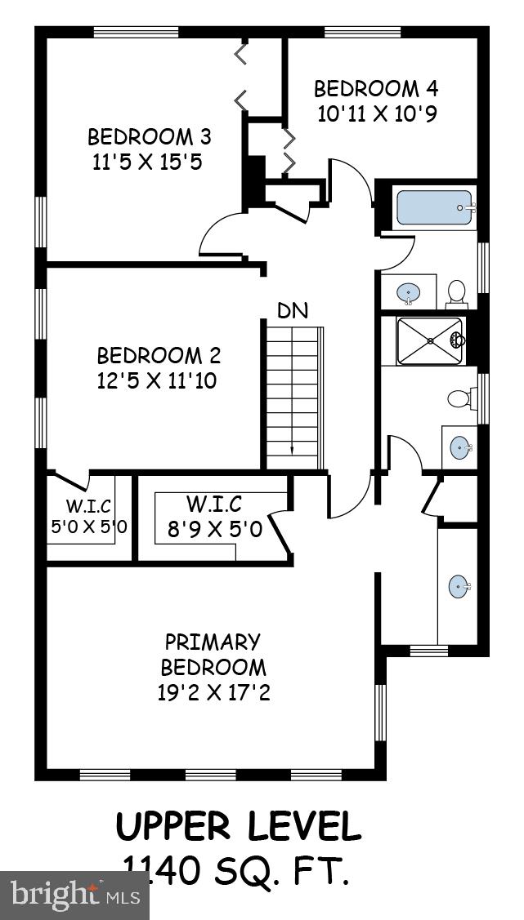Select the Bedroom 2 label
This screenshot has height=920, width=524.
click(x=159, y=356)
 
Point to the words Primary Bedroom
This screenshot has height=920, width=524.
click(x=213, y=654)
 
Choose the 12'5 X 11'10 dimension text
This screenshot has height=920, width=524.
click(x=157, y=380)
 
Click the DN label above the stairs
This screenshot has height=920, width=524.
click(x=292, y=311)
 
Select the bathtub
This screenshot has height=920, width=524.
click(x=434, y=209)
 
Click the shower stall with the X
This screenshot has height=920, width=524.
click(x=429, y=341)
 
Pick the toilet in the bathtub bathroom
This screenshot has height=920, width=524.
click(x=456, y=291)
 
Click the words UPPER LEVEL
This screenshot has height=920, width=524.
click(x=238, y=827)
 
